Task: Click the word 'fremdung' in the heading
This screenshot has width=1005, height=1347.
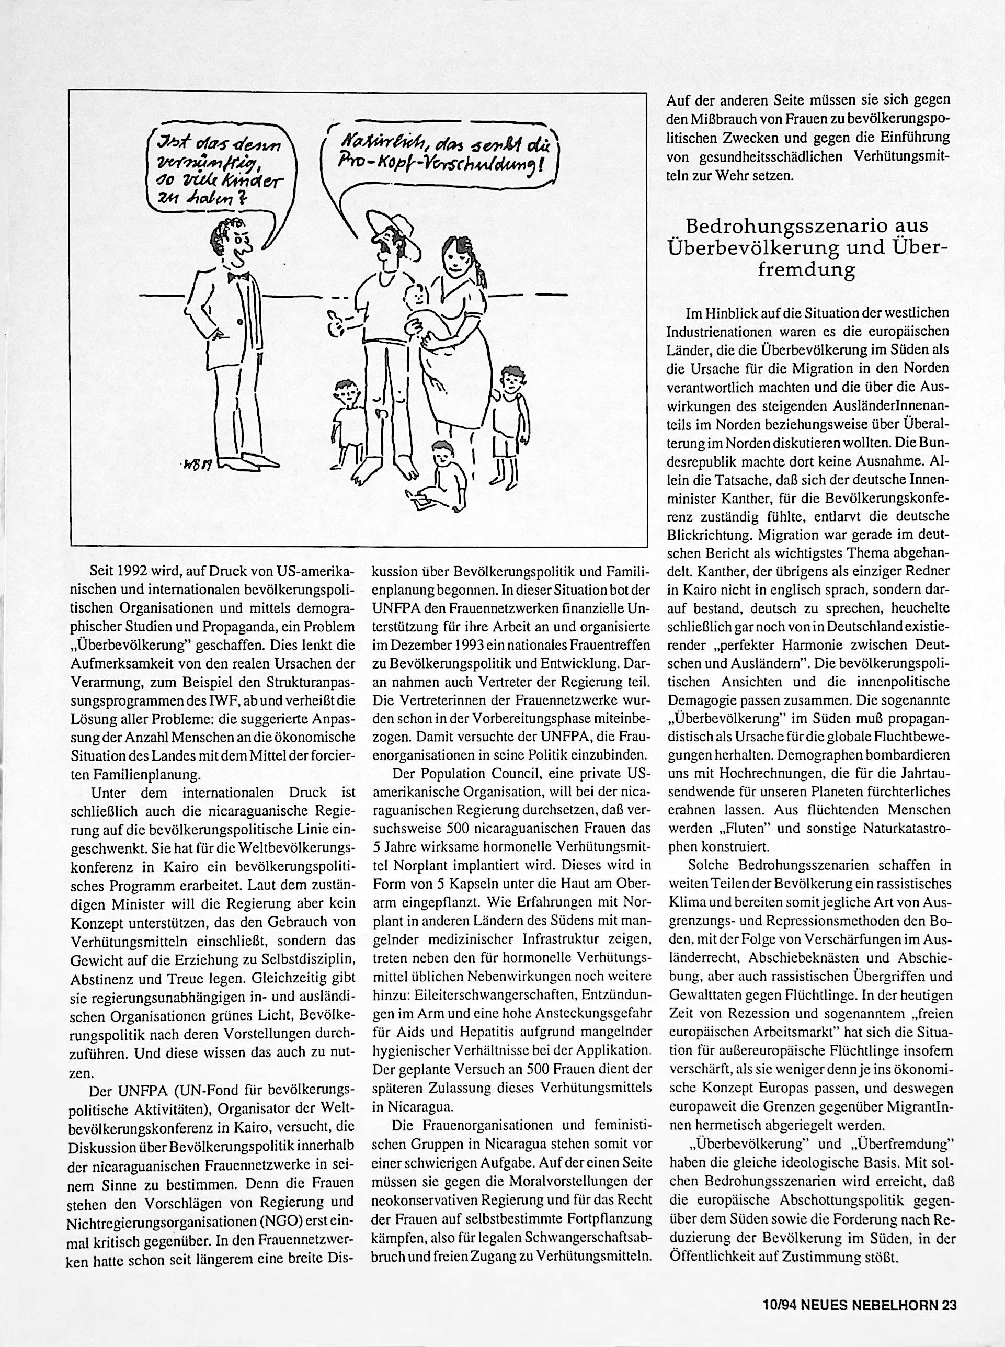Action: (807, 268)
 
